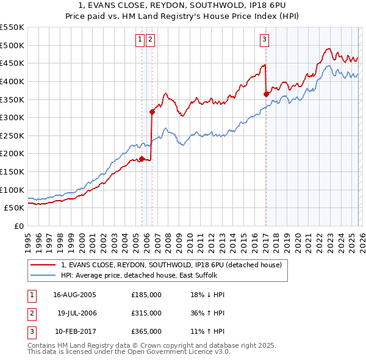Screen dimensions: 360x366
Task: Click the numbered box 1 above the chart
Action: [140, 40]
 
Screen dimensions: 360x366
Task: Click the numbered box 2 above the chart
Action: [150, 40]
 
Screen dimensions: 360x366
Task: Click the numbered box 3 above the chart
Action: [265, 40]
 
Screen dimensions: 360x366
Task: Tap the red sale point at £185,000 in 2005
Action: [142, 159]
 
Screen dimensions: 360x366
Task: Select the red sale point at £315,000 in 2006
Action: [152, 112]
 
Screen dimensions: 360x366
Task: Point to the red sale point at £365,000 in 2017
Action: [266, 94]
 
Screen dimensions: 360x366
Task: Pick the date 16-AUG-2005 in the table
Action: [74, 295]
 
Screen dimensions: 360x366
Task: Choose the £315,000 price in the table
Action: [146, 313]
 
